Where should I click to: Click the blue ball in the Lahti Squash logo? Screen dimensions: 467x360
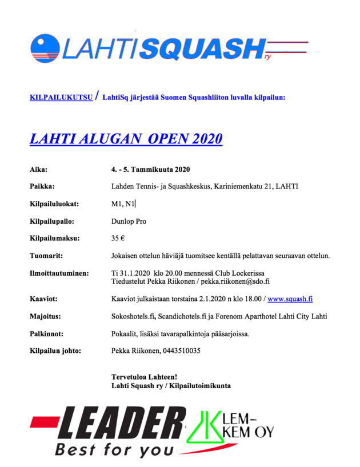coord(45,47)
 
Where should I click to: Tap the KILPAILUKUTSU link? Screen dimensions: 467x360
coord(61,98)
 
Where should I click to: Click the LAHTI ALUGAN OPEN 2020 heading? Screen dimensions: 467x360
coord(126,139)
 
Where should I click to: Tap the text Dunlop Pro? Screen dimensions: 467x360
coord(129,221)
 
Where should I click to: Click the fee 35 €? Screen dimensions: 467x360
coord(118,238)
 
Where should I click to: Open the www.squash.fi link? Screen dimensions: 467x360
coord(290,299)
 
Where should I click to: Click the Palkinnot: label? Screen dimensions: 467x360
coord(47,333)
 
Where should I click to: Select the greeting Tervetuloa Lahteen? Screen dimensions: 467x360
coord(144,377)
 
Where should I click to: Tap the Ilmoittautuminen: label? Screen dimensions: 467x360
coord(59,273)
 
